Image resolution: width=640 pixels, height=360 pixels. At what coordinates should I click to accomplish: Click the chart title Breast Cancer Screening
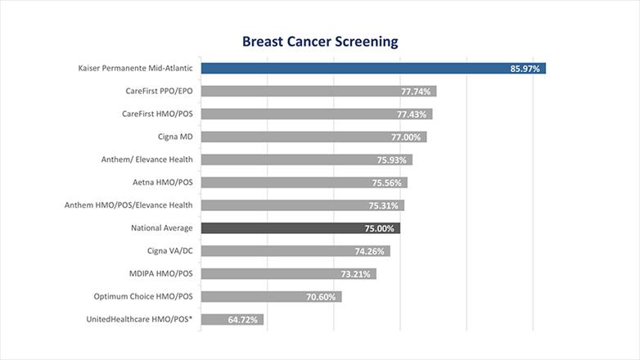319,41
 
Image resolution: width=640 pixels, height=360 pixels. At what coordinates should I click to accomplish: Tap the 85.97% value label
525,69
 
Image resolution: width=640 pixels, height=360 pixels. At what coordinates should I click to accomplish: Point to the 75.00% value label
381,228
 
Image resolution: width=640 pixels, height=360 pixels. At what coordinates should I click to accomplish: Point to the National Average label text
162,228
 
